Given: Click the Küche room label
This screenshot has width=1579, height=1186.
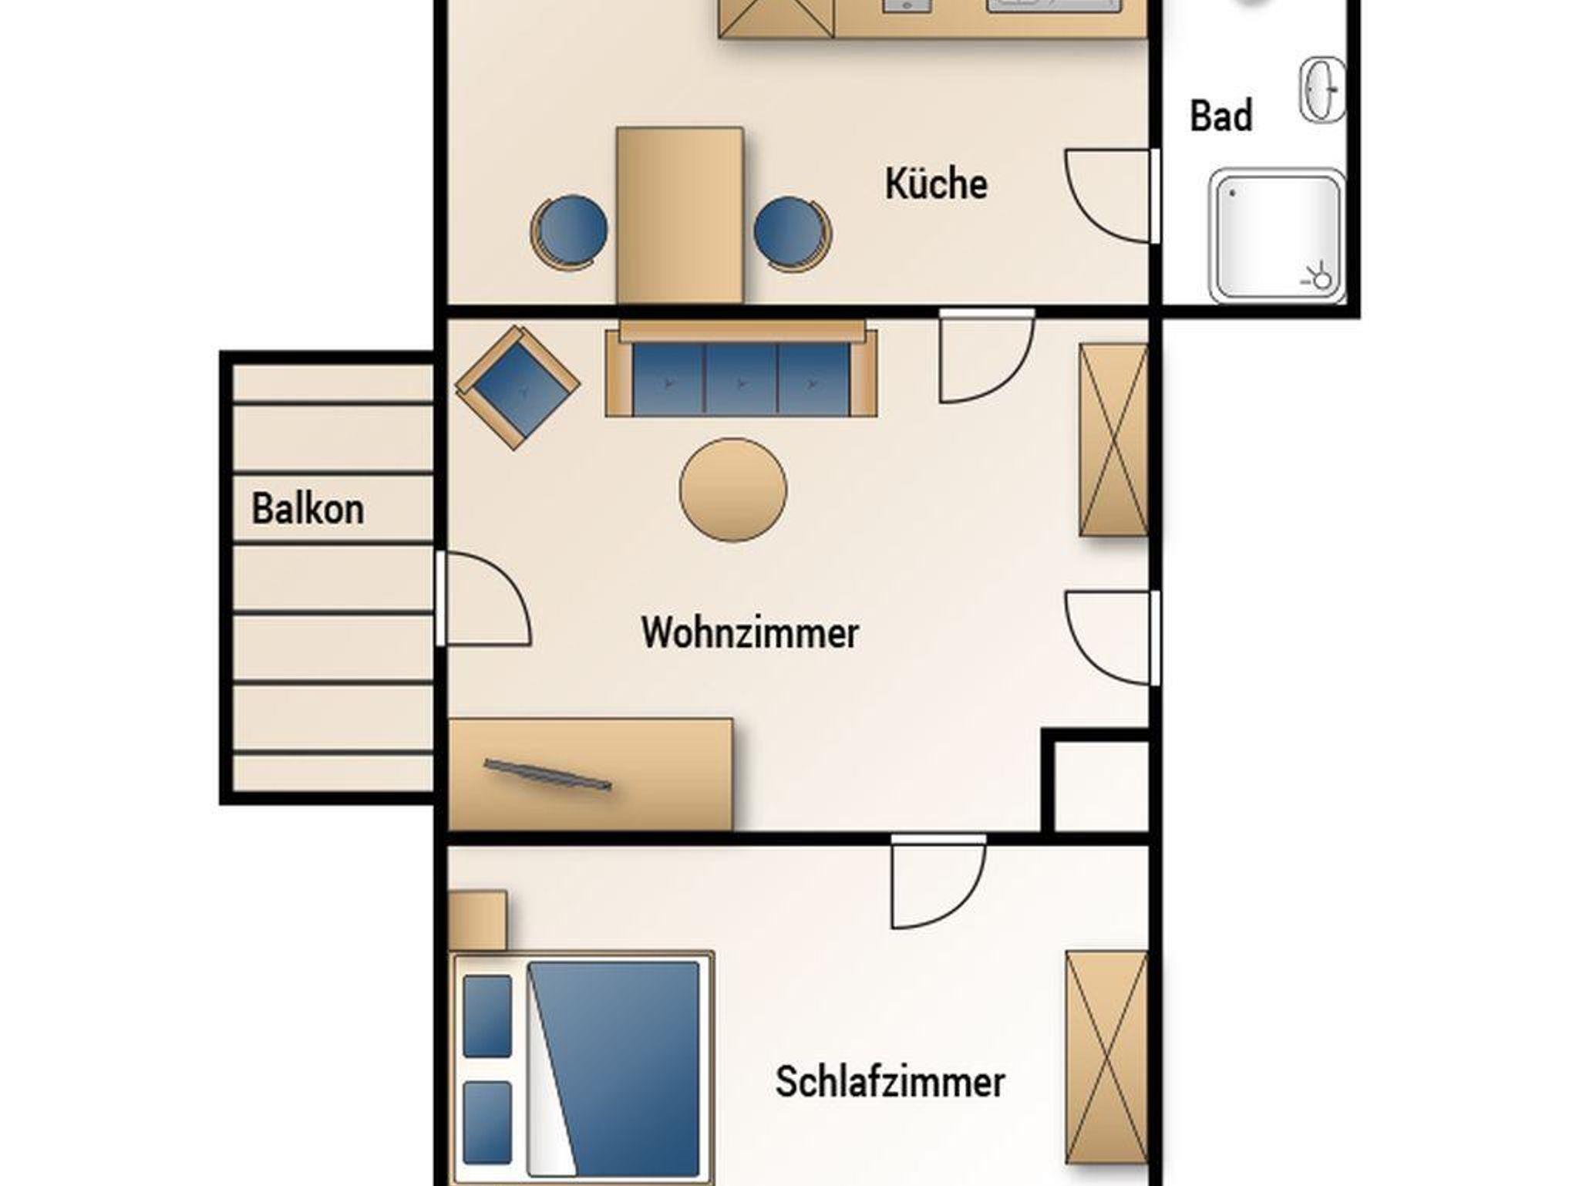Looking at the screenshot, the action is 936,184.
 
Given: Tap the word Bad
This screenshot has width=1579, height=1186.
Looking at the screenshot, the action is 1221,116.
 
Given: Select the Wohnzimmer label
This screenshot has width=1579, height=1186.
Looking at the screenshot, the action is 750,633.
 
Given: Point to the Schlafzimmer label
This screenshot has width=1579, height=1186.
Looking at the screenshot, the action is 891,1082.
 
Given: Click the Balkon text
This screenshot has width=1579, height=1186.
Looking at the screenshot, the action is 308,510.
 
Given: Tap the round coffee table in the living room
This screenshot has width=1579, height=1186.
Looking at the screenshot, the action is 733,490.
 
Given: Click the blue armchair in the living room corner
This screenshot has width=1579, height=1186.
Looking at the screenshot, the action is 517,387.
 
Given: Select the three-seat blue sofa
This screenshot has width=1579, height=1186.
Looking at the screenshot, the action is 741,371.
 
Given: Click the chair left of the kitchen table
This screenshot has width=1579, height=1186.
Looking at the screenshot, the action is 569,233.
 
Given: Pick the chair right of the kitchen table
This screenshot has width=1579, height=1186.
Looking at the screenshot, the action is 793,234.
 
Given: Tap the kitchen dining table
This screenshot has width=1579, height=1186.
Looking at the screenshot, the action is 680,215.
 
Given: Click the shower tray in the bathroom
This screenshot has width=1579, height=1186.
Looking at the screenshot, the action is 1278,236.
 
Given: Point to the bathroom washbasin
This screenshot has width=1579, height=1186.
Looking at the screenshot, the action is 1323,89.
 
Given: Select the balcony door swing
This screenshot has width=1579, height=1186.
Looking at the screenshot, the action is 483,598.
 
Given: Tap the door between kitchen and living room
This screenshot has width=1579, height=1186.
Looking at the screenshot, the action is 987,356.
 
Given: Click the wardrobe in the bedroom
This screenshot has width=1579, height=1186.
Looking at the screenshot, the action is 1107,1067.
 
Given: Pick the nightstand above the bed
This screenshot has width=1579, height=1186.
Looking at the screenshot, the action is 477,921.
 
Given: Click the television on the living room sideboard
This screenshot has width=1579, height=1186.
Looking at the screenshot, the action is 547,775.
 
